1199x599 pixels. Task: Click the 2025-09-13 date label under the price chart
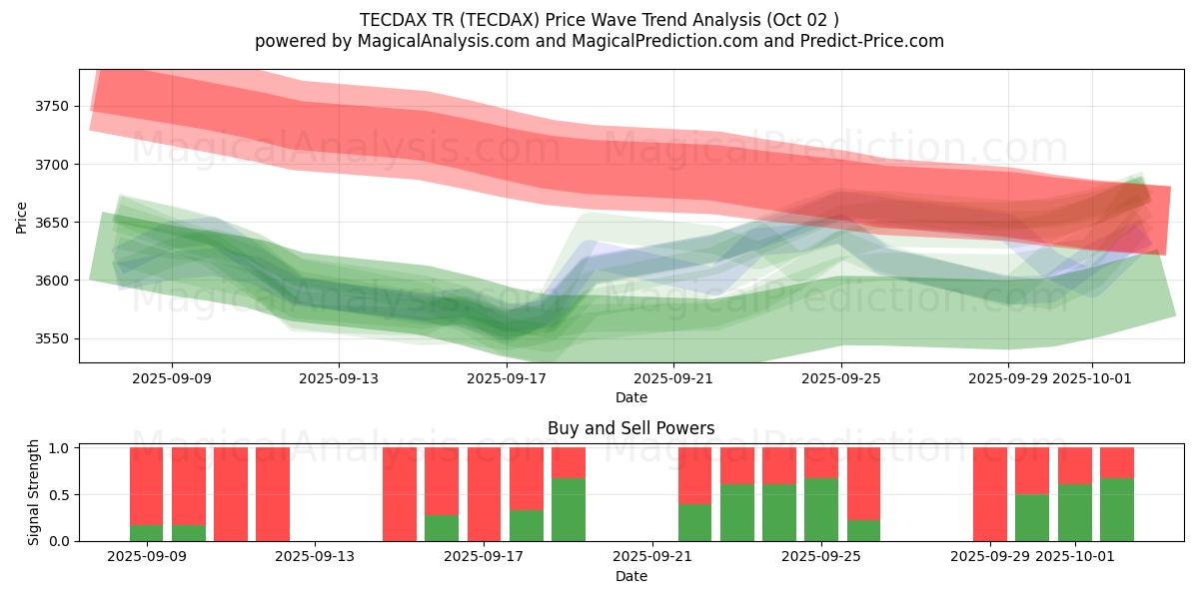pyautogui.click(x=338, y=378)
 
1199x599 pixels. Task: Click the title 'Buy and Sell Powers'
pyautogui.click(x=630, y=428)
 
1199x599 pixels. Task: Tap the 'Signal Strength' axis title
pyautogui.click(x=34, y=492)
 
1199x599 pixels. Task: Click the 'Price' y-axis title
pyautogui.click(x=22, y=217)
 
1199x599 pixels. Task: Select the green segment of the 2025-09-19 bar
pyautogui.click(x=568, y=509)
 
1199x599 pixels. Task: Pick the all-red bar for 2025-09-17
pyautogui.click(x=484, y=494)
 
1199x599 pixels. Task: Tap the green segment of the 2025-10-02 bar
pyautogui.click(x=1116, y=509)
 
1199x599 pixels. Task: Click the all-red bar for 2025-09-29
pyautogui.click(x=989, y=494)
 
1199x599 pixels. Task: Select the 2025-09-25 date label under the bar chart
pyautogui.click(x=820, y=557)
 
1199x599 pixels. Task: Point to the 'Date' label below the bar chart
pyautogui.click(x=630, y=576)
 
